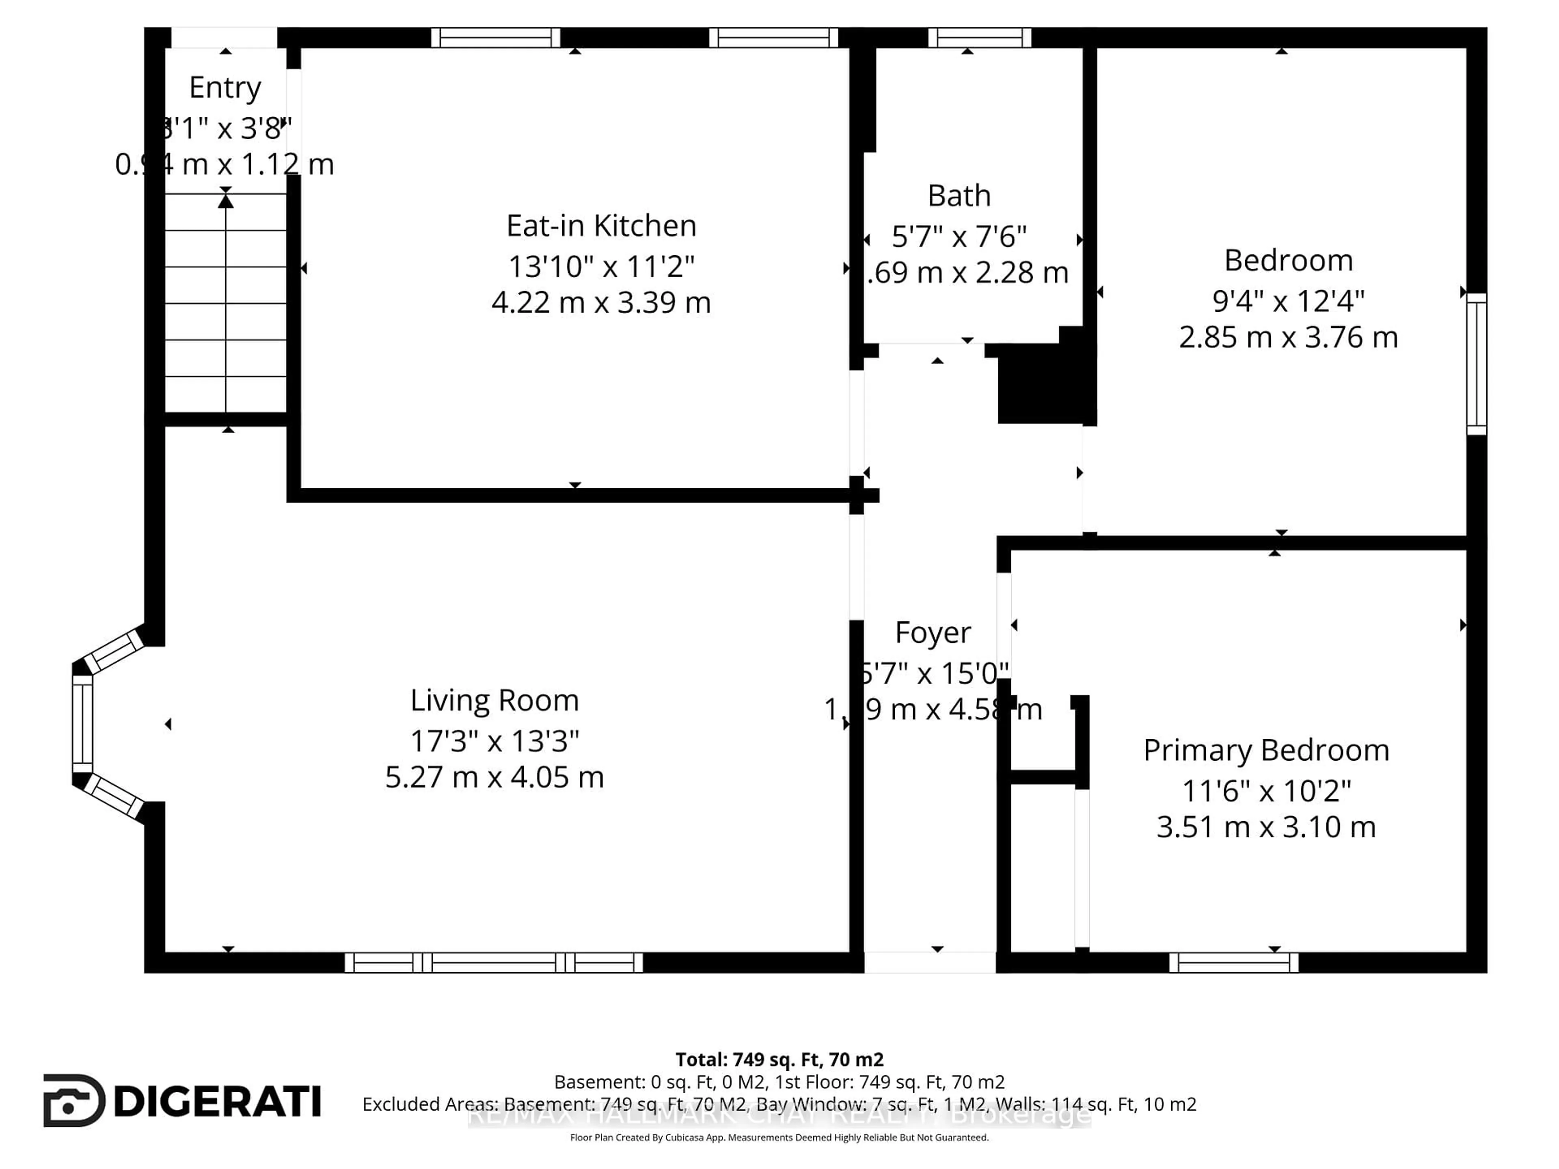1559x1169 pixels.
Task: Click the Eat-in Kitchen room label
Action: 601,226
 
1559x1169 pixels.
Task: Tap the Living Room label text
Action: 494,701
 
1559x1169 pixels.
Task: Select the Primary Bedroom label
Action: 1266,751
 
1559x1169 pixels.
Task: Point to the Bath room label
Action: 959,196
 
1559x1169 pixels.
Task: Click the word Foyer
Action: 933,633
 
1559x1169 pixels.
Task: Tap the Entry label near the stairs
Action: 225,87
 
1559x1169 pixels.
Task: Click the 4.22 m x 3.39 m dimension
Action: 601,302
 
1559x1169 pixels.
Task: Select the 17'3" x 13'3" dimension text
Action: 494,741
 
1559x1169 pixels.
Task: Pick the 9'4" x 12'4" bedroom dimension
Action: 1288,301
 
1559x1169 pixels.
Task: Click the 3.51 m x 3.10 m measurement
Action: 1266,826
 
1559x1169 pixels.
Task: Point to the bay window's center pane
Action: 82,724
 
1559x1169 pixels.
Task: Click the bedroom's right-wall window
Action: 1477,364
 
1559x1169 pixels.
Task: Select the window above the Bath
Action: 980,37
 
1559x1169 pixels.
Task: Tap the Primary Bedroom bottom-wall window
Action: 1233,962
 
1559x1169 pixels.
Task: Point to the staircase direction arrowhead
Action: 226,201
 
